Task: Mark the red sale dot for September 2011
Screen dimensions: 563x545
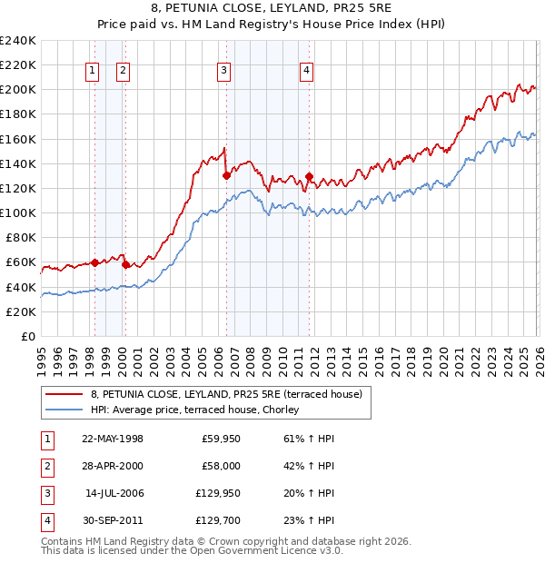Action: pos(310,176)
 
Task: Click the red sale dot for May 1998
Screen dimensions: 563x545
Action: pos(94,262)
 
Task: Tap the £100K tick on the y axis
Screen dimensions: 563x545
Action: pos(18,212)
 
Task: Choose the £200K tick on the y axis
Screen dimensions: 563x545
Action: pos(18,89)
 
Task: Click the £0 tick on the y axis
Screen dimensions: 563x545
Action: pos(27,336)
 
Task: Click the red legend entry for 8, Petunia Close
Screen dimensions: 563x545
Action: pos(226,393)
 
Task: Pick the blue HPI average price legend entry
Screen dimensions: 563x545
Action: pos(199,410)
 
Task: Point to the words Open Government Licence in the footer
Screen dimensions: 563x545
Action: pos(275,550)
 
